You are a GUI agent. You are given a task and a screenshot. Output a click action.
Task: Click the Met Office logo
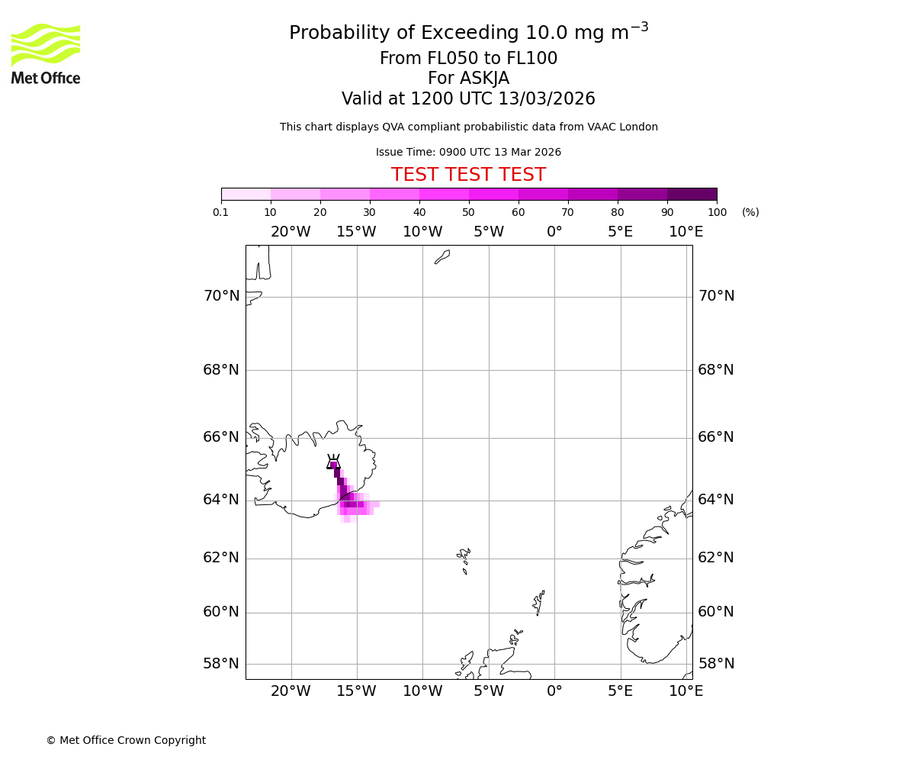46,53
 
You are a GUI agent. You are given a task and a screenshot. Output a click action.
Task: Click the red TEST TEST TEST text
468,175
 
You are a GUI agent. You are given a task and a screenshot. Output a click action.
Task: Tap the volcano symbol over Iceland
333,462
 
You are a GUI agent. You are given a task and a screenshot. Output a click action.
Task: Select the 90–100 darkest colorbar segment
692,194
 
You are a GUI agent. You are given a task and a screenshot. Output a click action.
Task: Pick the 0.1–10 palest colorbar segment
246,194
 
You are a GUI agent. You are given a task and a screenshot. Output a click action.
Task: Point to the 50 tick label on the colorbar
468,212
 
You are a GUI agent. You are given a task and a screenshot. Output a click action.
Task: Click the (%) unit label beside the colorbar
750,212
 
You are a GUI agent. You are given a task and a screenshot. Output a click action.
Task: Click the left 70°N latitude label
221,296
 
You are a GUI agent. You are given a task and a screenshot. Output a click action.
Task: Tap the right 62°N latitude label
716,558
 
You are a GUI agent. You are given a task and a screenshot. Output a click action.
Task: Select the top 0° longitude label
554,232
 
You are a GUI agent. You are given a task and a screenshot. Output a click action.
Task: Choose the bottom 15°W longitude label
356,691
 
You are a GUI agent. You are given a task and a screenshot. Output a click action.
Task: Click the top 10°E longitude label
685,232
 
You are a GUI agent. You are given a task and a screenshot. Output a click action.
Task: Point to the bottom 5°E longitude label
620,691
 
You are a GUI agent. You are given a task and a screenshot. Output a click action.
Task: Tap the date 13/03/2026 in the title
547,99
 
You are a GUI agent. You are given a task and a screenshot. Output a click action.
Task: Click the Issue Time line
468,153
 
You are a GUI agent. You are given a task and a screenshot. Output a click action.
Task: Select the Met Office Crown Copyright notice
126,740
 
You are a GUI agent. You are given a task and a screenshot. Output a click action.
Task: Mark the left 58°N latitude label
221,664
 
